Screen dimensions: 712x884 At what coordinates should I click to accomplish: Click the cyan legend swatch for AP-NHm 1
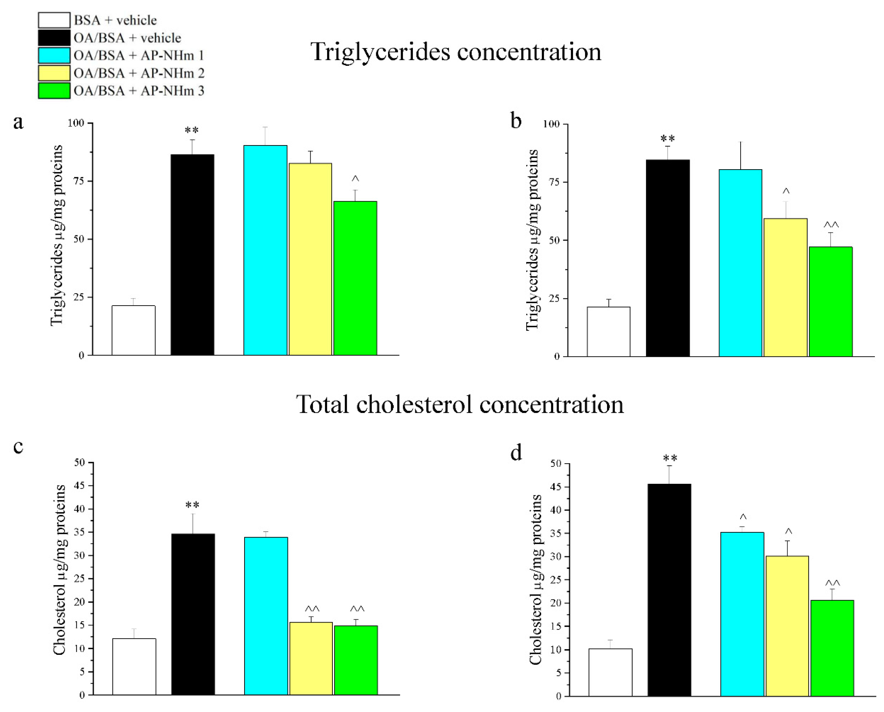pos(54,55)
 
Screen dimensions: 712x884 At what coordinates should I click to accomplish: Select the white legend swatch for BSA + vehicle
pos(54,20)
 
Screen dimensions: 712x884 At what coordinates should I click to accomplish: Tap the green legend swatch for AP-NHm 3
pos(54,91)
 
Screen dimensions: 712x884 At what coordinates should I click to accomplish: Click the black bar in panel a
pos(192,254)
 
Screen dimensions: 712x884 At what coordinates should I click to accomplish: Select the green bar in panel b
pos(831,302)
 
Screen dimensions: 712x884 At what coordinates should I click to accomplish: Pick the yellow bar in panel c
pos(311,658)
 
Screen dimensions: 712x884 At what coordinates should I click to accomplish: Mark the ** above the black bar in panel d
pos(670,458)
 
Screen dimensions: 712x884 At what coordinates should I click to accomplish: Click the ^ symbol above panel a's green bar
pos(355,179)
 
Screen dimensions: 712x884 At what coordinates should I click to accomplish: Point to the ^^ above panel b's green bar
pos(831,225)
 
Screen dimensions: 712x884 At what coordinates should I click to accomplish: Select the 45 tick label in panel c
pos(79,486)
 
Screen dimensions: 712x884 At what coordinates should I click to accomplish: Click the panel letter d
pos(516,453)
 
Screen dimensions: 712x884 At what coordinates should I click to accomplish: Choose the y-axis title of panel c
pos(60,570)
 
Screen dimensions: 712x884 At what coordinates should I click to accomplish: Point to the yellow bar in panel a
pos(310,258)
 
